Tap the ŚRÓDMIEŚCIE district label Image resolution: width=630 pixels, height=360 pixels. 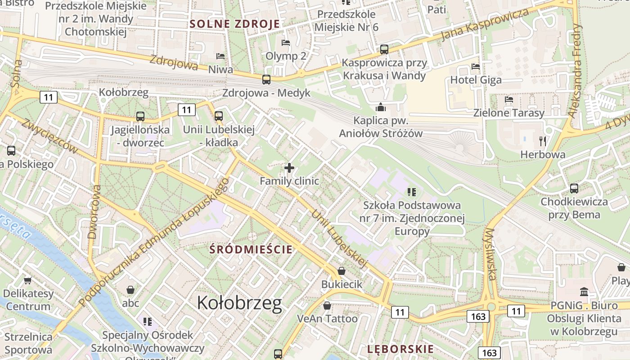pos(252,249)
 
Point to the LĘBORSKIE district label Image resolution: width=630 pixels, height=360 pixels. pos(400,349)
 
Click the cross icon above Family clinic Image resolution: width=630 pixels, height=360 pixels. pos(289,168)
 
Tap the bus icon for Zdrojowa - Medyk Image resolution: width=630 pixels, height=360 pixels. pos(266,80)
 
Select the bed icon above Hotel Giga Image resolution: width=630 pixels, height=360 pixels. pos(476,67)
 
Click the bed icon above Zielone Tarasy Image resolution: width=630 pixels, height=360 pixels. pos(509,99)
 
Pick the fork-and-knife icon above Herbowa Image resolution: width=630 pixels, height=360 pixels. pos(542,141)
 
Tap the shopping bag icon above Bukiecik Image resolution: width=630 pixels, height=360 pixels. pos(342,271)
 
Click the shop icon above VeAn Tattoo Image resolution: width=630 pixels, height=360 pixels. pos(327,306)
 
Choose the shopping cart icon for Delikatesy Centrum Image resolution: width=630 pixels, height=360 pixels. pos(27,280)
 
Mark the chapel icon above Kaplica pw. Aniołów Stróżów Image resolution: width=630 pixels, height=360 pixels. pos(381,107)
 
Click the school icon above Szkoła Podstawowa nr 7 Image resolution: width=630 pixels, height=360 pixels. pos(411,192)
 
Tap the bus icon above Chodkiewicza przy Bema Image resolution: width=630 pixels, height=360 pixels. pos(574,189)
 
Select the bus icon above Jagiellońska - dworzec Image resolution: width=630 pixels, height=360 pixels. pos(140,117)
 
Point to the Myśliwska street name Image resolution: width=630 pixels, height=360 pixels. pos(490,254)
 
